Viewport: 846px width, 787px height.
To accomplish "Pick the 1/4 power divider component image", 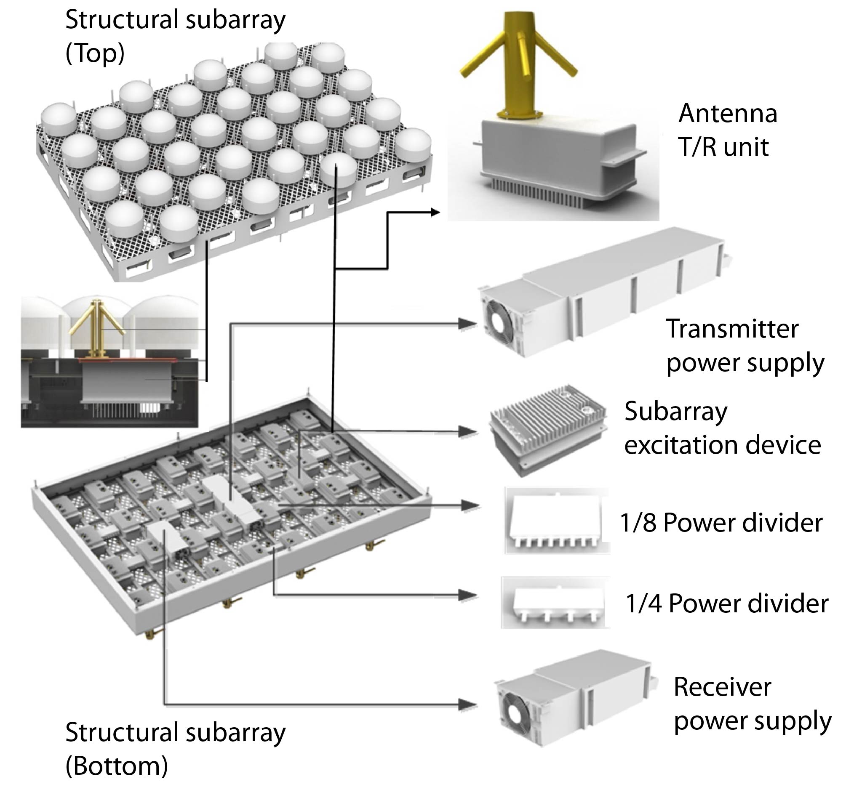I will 556,603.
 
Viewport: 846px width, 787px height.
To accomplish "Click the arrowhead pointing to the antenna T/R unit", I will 435,212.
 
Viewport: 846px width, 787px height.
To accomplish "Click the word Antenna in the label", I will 728,114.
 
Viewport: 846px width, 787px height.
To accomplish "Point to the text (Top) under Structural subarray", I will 95,53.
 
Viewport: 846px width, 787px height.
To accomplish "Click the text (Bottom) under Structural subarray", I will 117,766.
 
